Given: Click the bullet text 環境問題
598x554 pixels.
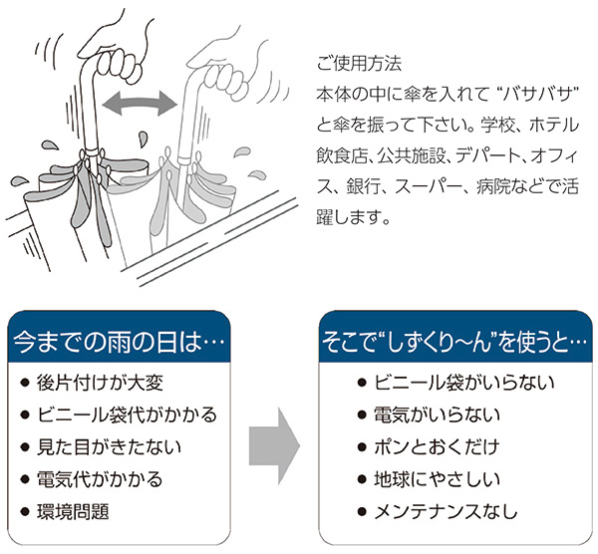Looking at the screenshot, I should [x=79, y=511].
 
